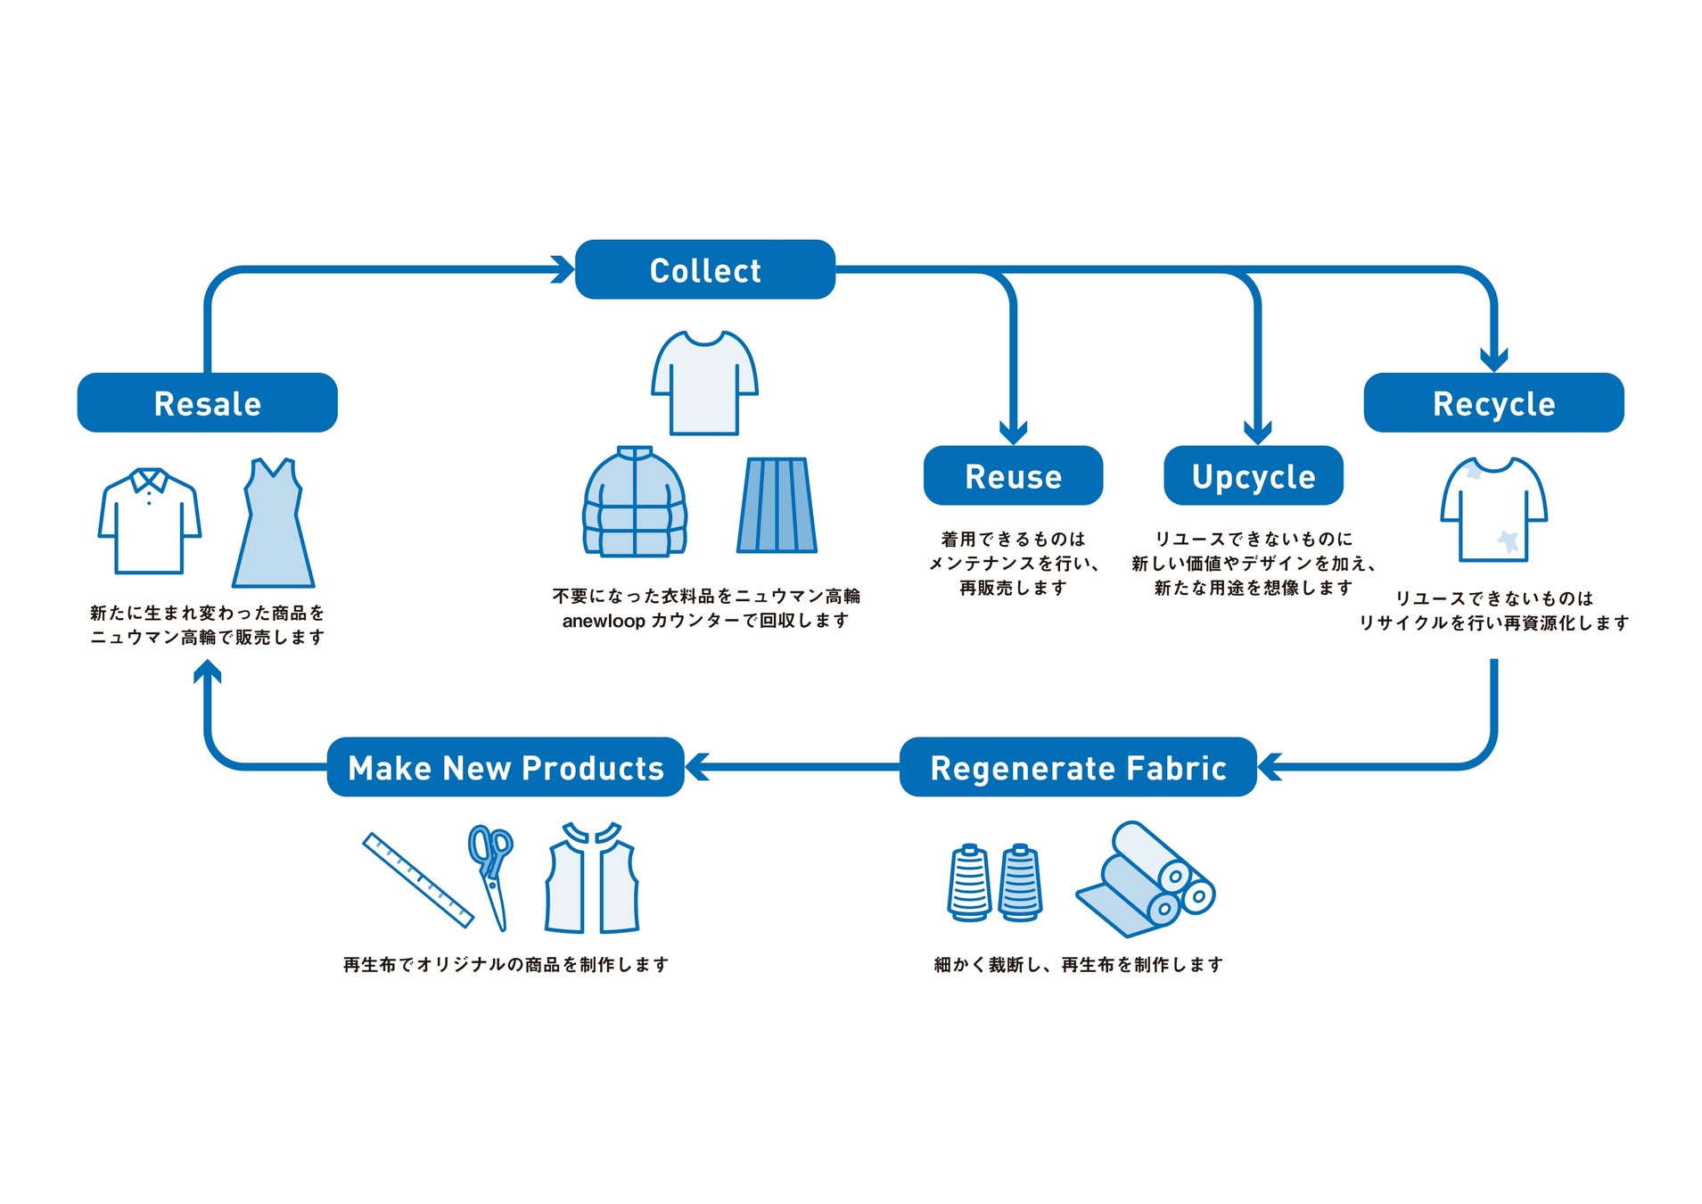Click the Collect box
click(704, 269)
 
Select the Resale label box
click(207, 403)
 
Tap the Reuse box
click(1013, 476)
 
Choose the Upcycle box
click(1253, 476)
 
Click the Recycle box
click(1493, 403)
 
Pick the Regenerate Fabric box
click(1078, 767)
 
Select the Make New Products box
click(506, 767)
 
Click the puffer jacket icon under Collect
click(634, 502)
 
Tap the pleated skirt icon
click(777, 506)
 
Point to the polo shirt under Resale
click(149, 522)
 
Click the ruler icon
click(417, 879)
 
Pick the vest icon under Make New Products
click(592, 878)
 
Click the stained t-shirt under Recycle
click(1493, 510)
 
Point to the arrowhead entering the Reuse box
click(1013, 433)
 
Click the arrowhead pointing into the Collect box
click(563, 269)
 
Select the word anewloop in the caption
click(604, 621)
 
